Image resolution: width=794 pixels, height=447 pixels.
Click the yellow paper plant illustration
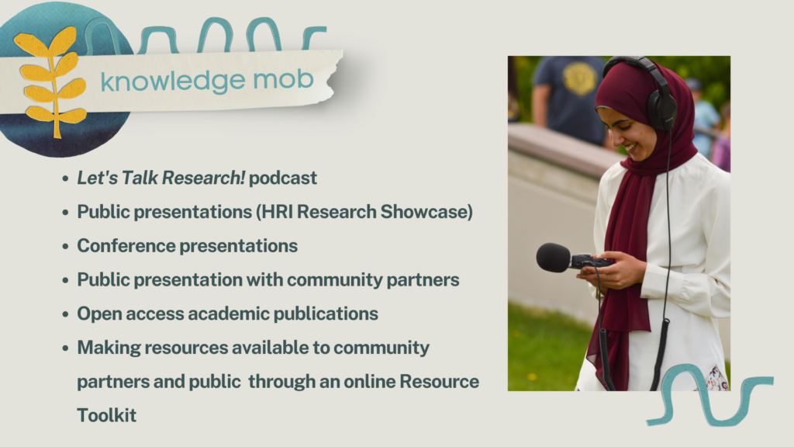tap(50, 81)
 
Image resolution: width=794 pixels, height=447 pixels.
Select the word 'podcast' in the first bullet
tap(282, 178)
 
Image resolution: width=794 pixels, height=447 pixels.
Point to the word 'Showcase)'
tap(426, 212)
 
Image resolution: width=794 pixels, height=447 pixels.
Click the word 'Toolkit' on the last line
tap(107, 416)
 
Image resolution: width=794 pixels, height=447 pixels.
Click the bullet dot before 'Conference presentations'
tap(65, 246)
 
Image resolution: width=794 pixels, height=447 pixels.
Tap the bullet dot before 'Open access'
tap(65, 314)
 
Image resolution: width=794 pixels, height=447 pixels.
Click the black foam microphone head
tap(554, 258)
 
